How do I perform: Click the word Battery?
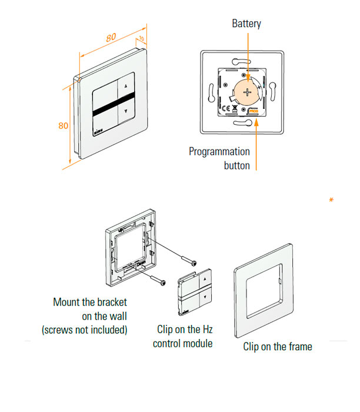[246, 24]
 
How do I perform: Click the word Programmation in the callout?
[219, 151]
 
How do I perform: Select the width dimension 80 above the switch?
[111, 36]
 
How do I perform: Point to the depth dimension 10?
[141, 39]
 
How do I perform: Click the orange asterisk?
[331, 201]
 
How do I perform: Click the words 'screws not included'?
[85, 330]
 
